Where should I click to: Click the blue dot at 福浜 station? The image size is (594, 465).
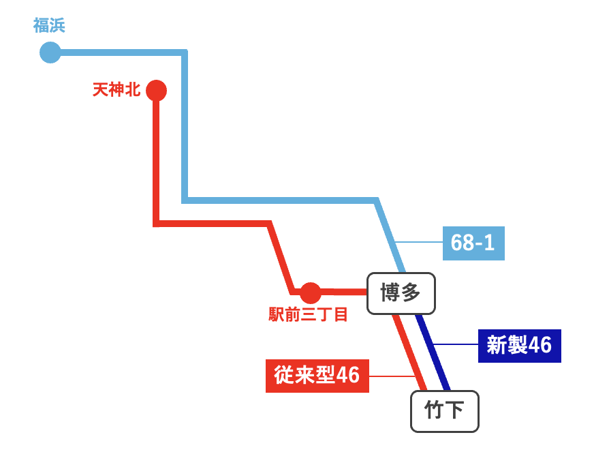click(50, 52)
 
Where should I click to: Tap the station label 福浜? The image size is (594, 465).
click(49, 26)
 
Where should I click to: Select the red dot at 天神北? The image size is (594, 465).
click(157, 89)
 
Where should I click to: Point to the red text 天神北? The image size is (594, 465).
click(116, 89)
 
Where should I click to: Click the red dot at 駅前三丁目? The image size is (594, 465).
click(310, 292)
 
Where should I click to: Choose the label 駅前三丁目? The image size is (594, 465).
click(309, 314)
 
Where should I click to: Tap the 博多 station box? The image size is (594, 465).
click(401, 293)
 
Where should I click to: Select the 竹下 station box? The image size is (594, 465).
click(444, 411)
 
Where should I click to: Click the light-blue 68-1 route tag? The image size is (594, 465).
click(473, 242)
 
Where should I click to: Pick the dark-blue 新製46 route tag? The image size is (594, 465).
click(519, 345)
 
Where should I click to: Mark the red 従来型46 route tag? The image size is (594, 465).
click(317, 375)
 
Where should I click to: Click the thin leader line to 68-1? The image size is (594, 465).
click(419, 242)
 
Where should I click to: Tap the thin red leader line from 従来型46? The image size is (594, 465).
click(392, 376)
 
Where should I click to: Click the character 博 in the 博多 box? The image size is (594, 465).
click(389, 293)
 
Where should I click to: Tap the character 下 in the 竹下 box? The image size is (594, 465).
click(455, 411)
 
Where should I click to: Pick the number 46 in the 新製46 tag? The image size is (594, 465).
click(540, 345)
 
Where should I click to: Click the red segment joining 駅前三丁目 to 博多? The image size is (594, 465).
click(344, 292)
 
